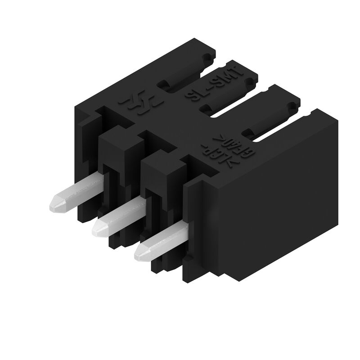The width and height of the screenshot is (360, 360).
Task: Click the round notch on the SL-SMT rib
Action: coord(248,82)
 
